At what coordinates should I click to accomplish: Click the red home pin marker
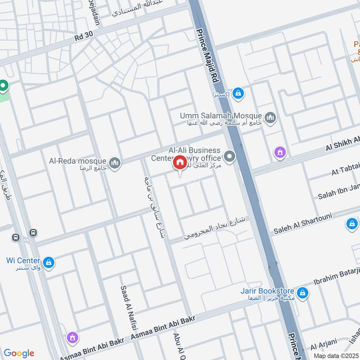click(180, 162)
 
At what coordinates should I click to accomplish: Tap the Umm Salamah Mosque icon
click(270, 118)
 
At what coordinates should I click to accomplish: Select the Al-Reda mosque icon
click(115, 162)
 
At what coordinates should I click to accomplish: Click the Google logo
click(18, 353)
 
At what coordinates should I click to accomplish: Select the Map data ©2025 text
click(335, 355)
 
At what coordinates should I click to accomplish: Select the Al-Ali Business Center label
click(194, 150)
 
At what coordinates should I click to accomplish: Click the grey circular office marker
click(230, 157)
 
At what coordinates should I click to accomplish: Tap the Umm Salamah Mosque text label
click(221, 116)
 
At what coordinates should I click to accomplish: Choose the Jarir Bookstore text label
click(267, 291)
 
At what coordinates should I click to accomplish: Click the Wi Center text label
click(23, 261)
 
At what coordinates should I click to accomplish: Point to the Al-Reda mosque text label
click(78, 161)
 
